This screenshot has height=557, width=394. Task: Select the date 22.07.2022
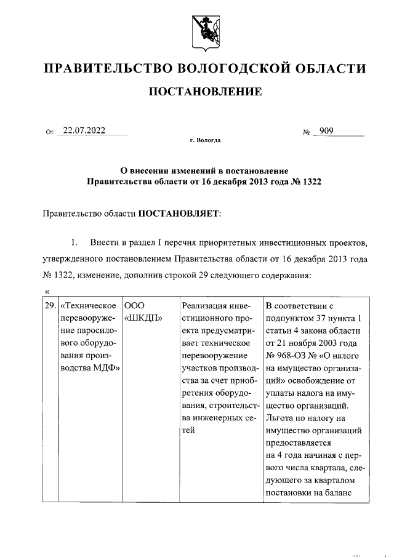79,130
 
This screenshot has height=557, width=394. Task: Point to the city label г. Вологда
205,140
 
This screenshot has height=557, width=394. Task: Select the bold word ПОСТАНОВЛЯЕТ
178,214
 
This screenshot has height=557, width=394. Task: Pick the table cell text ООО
134,305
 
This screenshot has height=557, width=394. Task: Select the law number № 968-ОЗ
287,356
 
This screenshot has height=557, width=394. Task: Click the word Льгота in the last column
279,417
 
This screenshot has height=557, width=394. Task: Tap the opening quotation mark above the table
47,291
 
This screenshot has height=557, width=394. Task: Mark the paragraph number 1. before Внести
74,239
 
